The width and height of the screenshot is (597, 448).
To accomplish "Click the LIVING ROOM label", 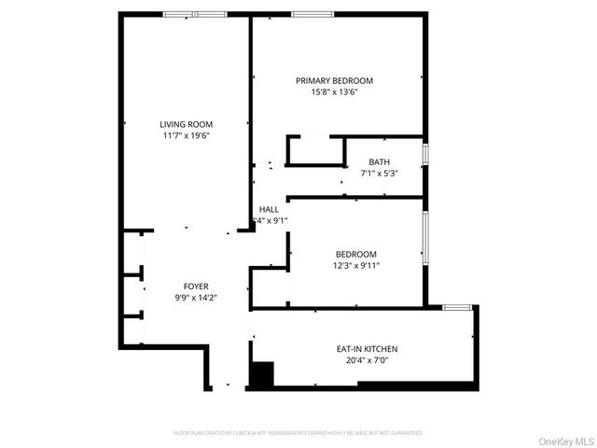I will pos(186,124).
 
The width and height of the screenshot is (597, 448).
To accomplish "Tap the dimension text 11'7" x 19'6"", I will pos(186,136).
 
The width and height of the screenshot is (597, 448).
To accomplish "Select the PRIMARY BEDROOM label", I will pos(334,80).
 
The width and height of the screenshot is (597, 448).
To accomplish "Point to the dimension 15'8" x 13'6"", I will pos(334,92).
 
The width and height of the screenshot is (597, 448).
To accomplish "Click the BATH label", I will pos(379,161).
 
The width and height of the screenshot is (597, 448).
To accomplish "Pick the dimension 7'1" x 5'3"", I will pos(379,174).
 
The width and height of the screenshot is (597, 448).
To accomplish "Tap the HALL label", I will pos(269,209).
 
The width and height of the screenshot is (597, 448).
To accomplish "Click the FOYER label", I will pos(195,287).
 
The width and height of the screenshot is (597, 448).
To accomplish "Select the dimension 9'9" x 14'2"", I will pos(195,299).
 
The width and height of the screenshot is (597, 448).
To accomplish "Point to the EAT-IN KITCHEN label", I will pos(367,349).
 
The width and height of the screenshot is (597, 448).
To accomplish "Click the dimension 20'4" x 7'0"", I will pos(367,361).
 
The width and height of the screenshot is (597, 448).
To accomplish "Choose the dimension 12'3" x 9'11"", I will pos(356,265).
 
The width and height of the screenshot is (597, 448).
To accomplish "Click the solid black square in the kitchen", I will pos(262,374).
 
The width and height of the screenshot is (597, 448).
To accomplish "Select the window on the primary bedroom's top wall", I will pos(307,14).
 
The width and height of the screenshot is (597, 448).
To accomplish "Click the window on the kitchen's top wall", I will pos(456,307).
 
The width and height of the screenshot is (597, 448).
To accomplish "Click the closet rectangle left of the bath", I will pos(315,151).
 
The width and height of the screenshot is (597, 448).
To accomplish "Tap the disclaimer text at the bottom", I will pos(298,433).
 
